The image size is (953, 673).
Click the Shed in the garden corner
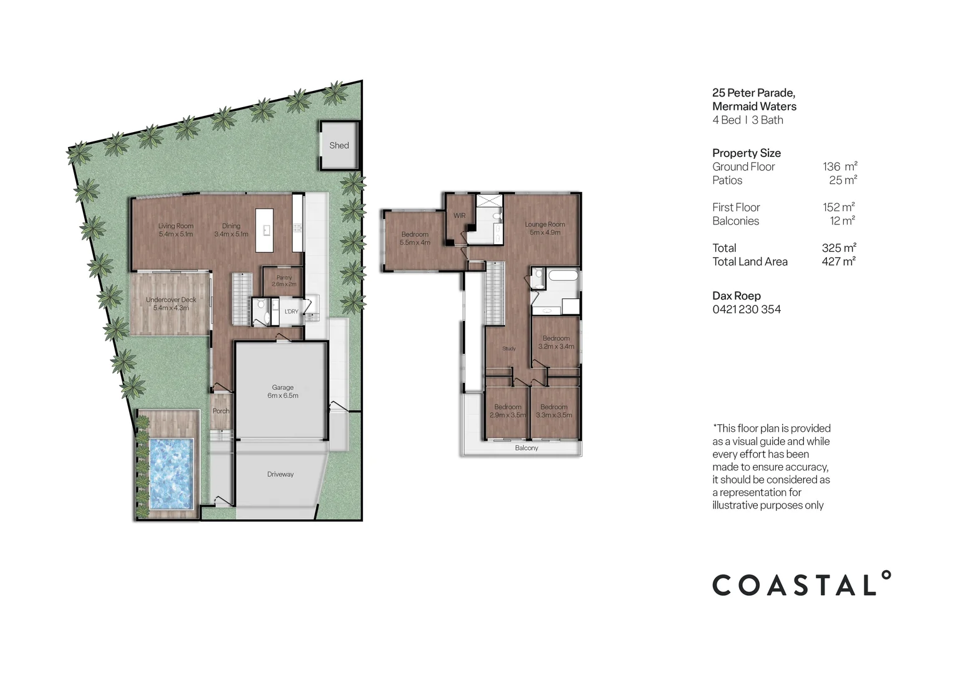click(x=339, y=146)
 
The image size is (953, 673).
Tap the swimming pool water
click(x=170, y=473)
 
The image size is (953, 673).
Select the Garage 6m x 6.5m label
click(x=283, y=391)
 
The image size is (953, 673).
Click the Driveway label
click(x=280, y=474)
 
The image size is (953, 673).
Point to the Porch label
click(x=221, y=411)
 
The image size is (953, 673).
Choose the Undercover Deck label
click(x=171, y=303)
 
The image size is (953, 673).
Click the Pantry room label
click(x=284, y=281)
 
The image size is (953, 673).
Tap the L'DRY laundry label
click(x=291, y=312)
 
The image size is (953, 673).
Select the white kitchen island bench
click(x=264, y=230)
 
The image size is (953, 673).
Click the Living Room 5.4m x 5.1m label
click(x=176, y=230)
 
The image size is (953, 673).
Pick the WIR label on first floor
click(x=459, y=216)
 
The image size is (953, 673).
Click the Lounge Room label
click(x=544, y=228)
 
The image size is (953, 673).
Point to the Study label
click(x=509, y=348)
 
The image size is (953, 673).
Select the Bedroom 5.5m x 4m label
click(x=415, y=238)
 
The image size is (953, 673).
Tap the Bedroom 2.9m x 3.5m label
click(x=508, y=411)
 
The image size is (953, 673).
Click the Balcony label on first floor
click(x=526, y=448)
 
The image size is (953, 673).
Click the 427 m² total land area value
click(x=838, y=262)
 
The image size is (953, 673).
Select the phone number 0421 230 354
click(x=747, y=309)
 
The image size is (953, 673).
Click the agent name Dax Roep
click(x=737, y=296)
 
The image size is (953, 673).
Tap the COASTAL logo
click(x=801, y=585)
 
